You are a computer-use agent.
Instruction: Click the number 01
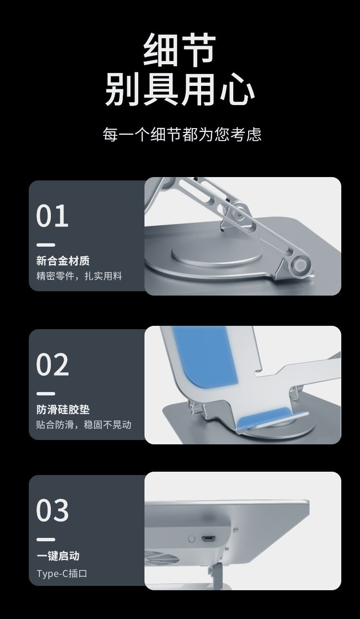tap(52, 216)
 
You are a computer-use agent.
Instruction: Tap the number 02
tap(53, 365)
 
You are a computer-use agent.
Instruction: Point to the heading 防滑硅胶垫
tap(63, 410)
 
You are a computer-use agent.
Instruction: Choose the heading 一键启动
tap(58, 556)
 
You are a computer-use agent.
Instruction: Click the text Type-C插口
tap(62, 573)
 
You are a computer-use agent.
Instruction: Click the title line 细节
tap(180, 49)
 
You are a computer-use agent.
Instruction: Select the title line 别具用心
tap(180, 89)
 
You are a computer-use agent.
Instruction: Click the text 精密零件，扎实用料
tap(79, 276)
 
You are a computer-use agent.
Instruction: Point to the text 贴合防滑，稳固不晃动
tap(84, 425)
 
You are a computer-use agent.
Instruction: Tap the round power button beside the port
tap(192, 539)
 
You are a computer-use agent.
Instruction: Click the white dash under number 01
tap(46, 245)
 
